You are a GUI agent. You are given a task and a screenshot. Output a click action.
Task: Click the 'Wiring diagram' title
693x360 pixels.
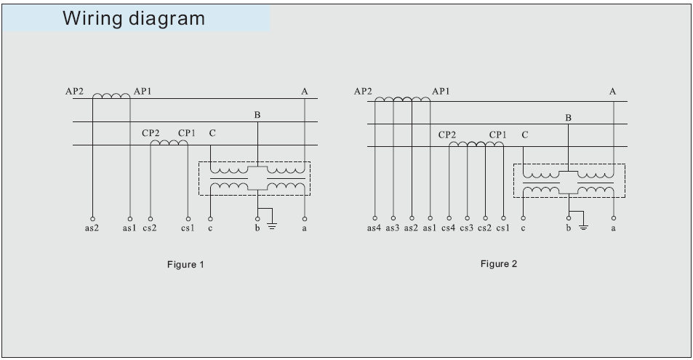134,18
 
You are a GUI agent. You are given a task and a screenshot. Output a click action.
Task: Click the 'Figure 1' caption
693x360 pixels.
185,264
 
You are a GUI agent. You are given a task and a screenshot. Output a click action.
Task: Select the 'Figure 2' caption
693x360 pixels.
498,263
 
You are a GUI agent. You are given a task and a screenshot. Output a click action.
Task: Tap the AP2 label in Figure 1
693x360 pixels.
74,92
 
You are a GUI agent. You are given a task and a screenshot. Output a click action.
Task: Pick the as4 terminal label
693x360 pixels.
374,228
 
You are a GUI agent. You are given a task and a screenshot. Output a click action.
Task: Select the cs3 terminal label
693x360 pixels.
466,228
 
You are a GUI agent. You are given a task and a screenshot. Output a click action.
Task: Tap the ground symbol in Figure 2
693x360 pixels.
582,225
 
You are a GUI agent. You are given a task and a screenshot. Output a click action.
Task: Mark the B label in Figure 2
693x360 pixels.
568,118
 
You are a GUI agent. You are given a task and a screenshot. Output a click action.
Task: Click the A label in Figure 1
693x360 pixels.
305,92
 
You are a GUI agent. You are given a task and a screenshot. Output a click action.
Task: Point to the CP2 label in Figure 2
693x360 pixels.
448,135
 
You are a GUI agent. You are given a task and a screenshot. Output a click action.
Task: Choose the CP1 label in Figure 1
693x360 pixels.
187,133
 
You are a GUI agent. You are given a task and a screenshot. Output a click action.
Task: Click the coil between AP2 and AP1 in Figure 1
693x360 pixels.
111,95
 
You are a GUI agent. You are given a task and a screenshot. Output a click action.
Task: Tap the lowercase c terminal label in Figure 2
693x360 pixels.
523,228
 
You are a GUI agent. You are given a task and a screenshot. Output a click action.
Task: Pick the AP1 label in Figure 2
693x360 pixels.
441,92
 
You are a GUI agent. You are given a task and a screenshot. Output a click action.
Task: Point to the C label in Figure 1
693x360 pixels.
212,133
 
